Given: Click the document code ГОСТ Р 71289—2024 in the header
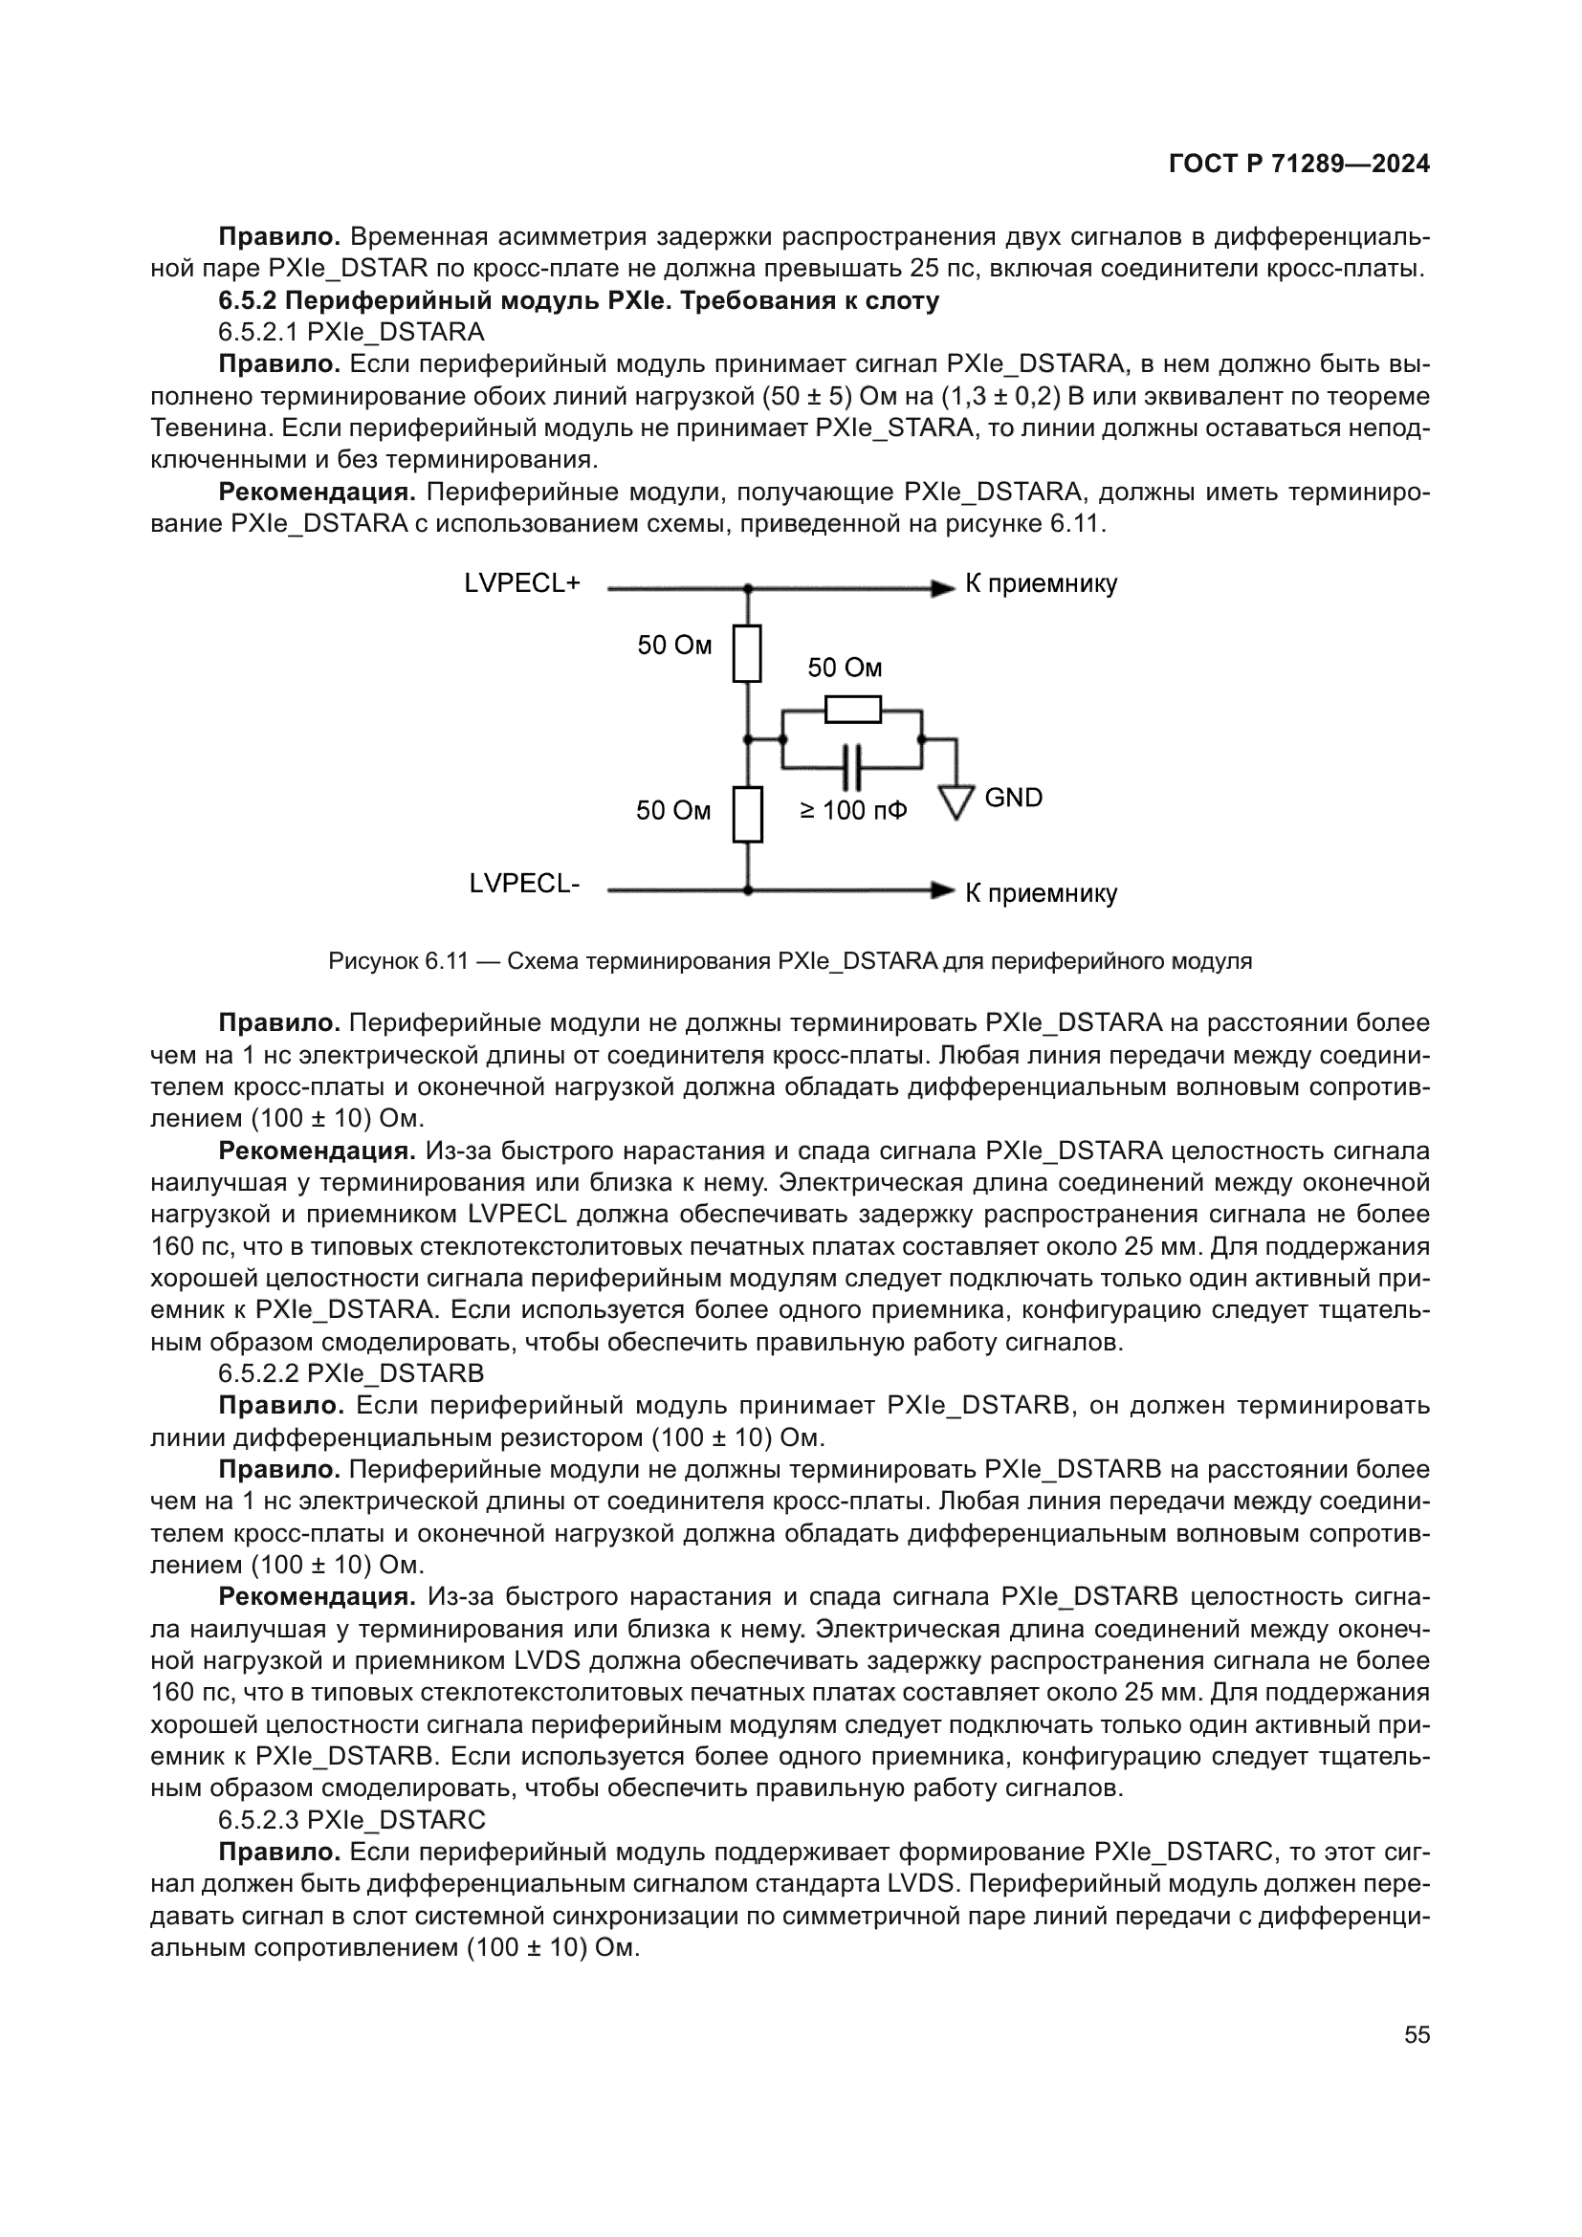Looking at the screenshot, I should (1299, 164).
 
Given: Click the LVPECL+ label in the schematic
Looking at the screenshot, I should (522, 583).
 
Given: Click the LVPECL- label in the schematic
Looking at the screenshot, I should (524, 883).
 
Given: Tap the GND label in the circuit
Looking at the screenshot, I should (1013, 797).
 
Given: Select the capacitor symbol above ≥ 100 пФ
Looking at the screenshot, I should (852, 767).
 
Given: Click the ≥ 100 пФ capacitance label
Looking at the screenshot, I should (853, 810).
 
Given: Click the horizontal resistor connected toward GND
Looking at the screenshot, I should (852, 710).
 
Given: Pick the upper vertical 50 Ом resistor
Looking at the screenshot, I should (747, 653).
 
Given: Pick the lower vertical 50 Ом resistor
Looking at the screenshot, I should (747, 815).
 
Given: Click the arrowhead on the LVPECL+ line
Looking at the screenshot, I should (942, 588).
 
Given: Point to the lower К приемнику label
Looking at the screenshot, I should (1041, 893).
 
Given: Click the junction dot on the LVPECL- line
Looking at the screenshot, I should (747, 889).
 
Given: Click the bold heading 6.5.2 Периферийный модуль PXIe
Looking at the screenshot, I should (579, 301).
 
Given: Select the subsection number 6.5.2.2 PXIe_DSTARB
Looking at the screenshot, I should (351, 1372).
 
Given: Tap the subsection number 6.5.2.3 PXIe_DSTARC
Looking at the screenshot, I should (351, 1820).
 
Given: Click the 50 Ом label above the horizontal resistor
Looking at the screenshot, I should (845, 668).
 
